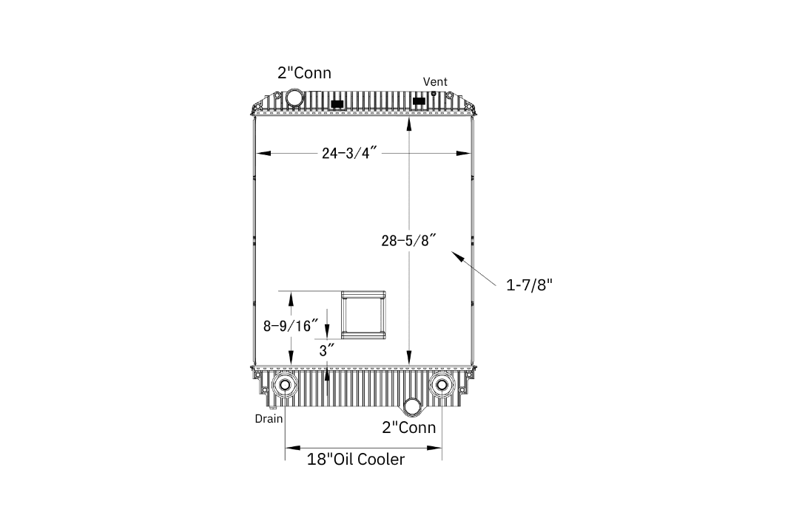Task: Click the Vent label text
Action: (x=435, y=81)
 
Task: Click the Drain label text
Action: (x=269, y=418)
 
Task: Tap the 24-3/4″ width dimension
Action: (x=349, y=153)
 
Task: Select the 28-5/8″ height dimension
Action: (x=408, y=240)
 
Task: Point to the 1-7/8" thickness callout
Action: (x=529, y=284)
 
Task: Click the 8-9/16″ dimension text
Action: (x=291, y=326)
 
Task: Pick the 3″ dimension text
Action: (x=327, y=350)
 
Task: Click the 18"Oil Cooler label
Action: (x=356, y=459)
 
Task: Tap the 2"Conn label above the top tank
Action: (x=304, y=73)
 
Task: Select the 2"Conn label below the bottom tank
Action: (x=408, y=427)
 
